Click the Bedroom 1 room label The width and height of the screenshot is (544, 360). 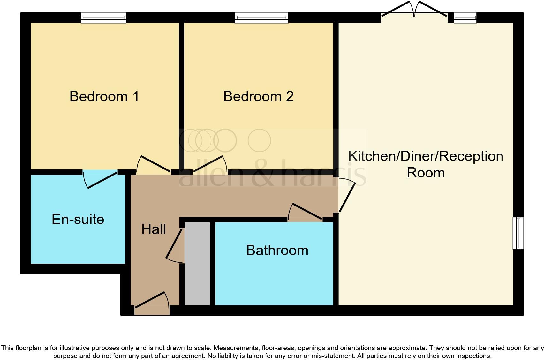(x=104, y=96)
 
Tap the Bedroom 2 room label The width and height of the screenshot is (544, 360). (x=258, y=96)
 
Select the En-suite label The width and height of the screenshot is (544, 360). (x=78, y=219)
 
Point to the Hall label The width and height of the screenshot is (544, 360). (x=154, y=229)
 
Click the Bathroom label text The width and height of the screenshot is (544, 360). (x=277, y=250)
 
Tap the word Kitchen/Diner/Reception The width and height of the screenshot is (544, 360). (x=426, y=156)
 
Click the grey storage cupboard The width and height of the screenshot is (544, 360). (x=197, y=264)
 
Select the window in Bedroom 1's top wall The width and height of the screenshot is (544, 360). (x=103, y=18)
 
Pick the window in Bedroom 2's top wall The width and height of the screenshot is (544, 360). (x=261, y=18)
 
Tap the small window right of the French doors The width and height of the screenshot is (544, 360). (x=465, y=18)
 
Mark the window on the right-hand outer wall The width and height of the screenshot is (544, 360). (x=518, y=233)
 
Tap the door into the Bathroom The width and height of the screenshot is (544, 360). (x=305, y=213)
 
